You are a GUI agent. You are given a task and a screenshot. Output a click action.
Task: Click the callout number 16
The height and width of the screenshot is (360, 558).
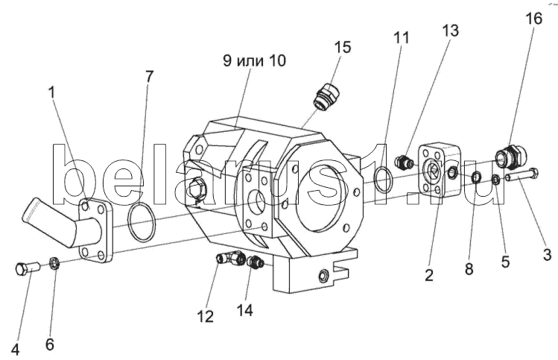(x=534, y=19)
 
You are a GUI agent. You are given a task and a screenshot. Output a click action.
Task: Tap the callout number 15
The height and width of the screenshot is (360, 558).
(x=343, y=47)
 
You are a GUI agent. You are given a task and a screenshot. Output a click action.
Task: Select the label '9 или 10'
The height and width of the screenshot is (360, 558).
(x=255, y=60)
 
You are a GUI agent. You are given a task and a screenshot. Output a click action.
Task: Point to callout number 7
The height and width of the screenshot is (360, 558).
(x=149, y=77)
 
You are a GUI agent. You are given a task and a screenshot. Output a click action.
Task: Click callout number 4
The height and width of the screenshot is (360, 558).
(x=15, y=350)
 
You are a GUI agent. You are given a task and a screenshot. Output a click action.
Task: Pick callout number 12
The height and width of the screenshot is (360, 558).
(x=206, y=317)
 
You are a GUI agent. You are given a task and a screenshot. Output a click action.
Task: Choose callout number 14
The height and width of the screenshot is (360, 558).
(x=245, y=311)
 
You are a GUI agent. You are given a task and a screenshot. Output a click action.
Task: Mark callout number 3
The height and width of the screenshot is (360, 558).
(x=547, y=255)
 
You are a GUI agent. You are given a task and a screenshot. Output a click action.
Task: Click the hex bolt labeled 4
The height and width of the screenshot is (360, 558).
(x=27, y=268)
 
